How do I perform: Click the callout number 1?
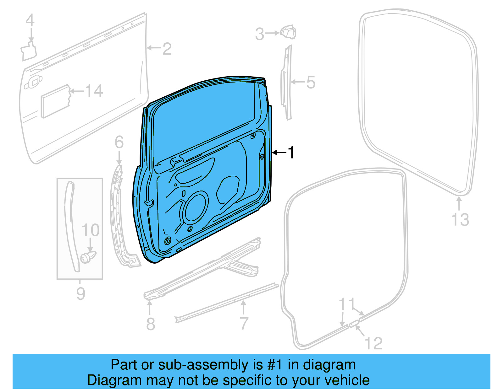coord(291,153)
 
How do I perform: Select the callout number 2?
coord(167,49)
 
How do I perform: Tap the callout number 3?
coord(259,34)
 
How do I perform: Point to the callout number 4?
coord(30,21)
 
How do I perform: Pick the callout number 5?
coord(311,82)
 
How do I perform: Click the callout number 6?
coord(119,142)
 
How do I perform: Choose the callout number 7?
coord(244,323)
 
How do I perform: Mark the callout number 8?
coord(151,324)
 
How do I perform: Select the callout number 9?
coord(80,294)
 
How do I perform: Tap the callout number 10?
coord(91,230)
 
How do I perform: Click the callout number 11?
coord(347,304)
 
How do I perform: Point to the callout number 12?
coord(374,343)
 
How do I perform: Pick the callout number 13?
coord(460,219)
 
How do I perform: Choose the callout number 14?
coord(94,91)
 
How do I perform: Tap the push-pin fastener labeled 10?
coord(88,257)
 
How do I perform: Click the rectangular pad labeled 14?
coord(55,101)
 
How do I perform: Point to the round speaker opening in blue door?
coord(196,209)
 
